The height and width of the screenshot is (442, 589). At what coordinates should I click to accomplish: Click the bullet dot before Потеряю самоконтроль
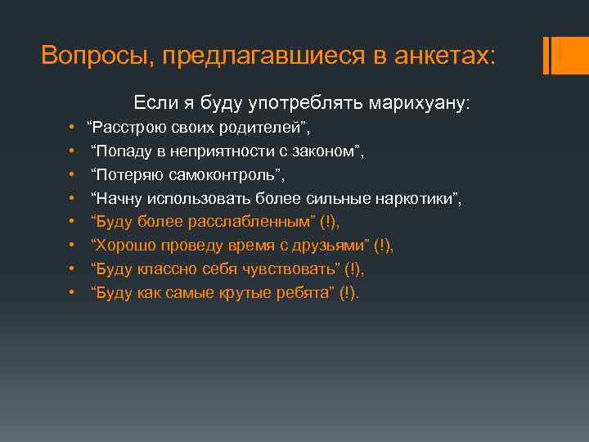point(73,174)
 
